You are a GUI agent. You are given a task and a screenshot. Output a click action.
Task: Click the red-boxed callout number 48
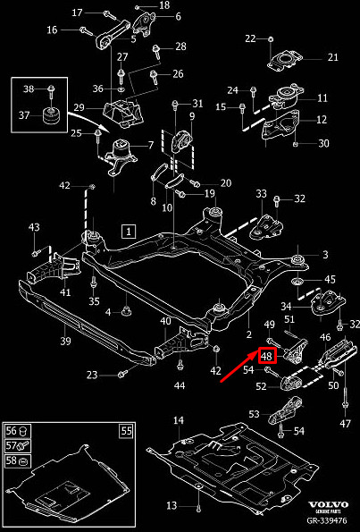click(267, 356)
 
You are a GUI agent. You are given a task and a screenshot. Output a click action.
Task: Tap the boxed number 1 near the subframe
click(129, 232)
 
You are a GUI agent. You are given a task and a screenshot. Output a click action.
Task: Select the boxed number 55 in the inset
click(127, 431)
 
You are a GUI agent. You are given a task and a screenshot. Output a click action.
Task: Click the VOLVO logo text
click(328, 505)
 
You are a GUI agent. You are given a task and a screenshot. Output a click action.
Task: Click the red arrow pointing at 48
click(239, 367)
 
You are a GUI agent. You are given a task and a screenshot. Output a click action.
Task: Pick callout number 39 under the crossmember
click(65, 341)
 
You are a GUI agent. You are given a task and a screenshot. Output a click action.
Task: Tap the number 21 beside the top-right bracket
click(333, 57)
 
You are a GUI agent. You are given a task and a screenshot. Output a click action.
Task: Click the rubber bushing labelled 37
click(52, 115)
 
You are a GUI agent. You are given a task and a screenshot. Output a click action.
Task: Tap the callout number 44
click(180, 385)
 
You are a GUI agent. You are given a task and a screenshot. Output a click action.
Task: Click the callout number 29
click(79, 108)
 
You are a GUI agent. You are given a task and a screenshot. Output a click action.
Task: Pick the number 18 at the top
click(164, 5)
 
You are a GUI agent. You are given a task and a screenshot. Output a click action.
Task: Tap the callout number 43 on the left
click(34, 227)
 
